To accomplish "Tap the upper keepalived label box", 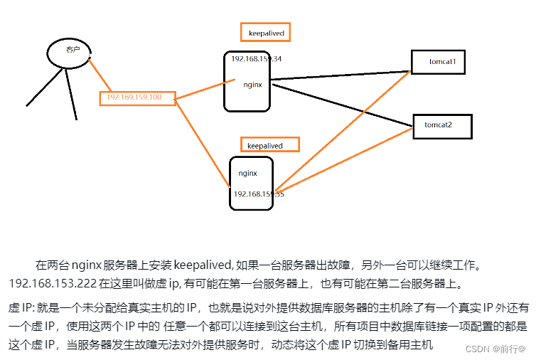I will tap(267, 33).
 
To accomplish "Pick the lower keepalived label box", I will tap(269, 145).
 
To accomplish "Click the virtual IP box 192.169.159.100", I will tap(138, 97).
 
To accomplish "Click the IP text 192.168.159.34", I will tap(256, 58).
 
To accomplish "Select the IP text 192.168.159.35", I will tap(258, 194).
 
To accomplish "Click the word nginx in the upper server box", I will tap(252, 84).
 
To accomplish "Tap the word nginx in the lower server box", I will tap(247, 172).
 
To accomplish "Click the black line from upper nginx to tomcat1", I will tap(341, 75).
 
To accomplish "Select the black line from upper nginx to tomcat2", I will tap(341, 105).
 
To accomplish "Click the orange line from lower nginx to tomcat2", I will tap(341, 158).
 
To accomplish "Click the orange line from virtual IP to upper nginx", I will tap(206, 91).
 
